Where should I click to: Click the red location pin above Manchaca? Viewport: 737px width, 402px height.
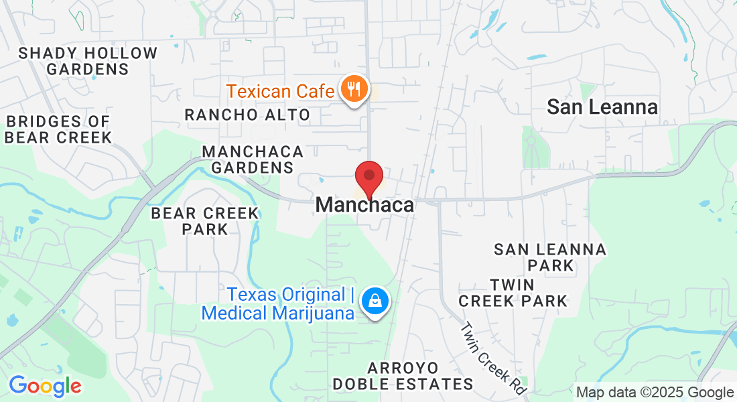point(368,176)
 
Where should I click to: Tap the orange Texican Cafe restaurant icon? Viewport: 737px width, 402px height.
point(353,88)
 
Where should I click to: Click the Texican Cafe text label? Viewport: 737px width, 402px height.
point(280,90)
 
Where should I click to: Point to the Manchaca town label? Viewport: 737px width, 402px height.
point(364,205)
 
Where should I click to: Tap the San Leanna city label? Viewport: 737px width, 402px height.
point(602,107)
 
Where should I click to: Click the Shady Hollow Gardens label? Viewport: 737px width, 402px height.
point(88,61)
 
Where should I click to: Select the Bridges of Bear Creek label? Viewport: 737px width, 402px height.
point(58,129)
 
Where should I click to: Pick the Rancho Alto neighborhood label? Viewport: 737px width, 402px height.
point(247,115)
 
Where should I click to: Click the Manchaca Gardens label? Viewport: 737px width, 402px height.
point(253,159)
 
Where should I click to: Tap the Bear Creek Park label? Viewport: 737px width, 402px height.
point(204,221)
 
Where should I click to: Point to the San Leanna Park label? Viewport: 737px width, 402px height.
point(549,257)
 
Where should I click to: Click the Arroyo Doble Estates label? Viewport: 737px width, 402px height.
point(403,376)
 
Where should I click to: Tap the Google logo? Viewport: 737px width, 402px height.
point(45,386)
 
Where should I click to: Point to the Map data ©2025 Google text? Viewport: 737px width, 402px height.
point(655,393)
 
